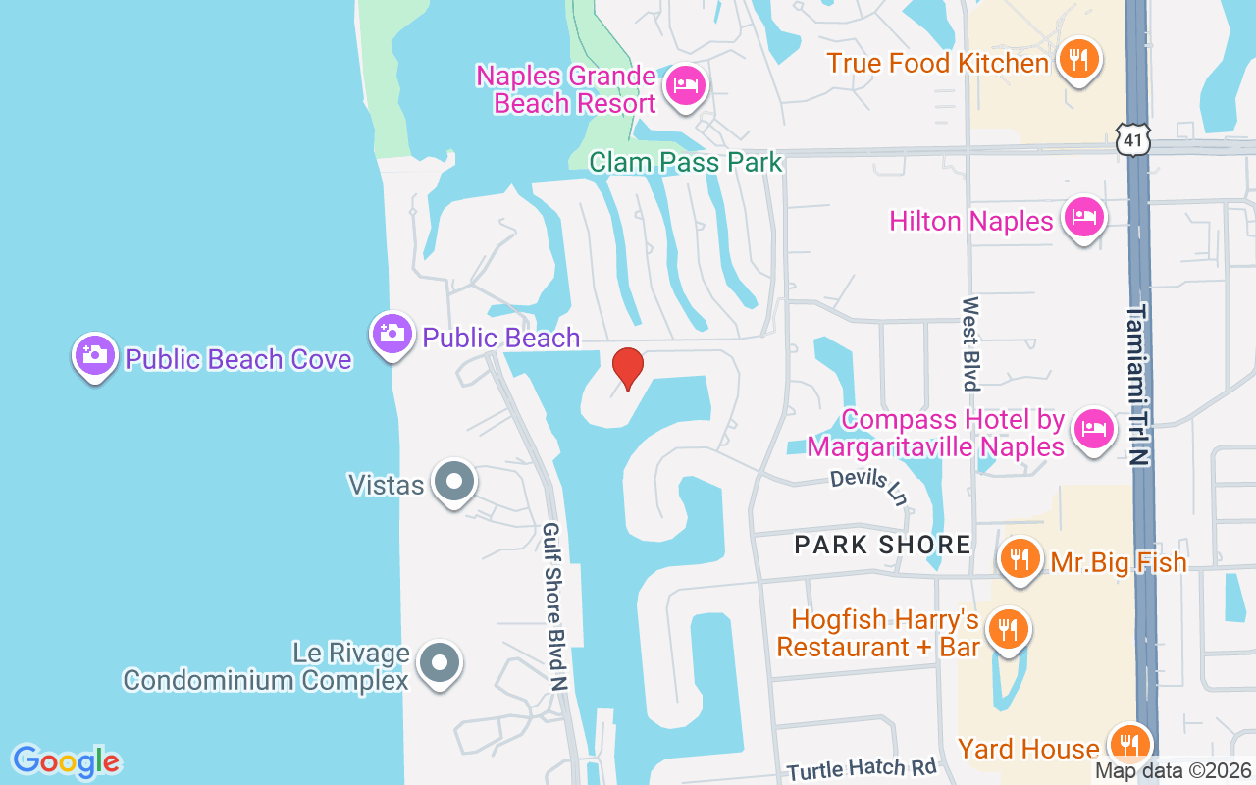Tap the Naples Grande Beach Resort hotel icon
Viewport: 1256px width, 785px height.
point(684,85)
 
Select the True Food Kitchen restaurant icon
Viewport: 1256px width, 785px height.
point(1077,59)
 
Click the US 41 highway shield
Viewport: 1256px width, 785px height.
point(1133,140)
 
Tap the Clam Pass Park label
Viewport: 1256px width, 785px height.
point(685,162)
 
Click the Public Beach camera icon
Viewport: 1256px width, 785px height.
point(392,334)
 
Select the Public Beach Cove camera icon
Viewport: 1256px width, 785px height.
point(94,354)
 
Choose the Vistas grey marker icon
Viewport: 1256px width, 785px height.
point(453,482)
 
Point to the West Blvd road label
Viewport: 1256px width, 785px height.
point(970,343)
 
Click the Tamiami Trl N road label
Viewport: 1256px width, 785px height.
point(1136,384)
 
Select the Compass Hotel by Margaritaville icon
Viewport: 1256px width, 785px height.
point(1093,428)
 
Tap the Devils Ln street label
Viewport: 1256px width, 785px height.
point(868,486)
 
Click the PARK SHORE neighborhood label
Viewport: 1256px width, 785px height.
point(883,545)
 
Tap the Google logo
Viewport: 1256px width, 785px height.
point(66,761)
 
